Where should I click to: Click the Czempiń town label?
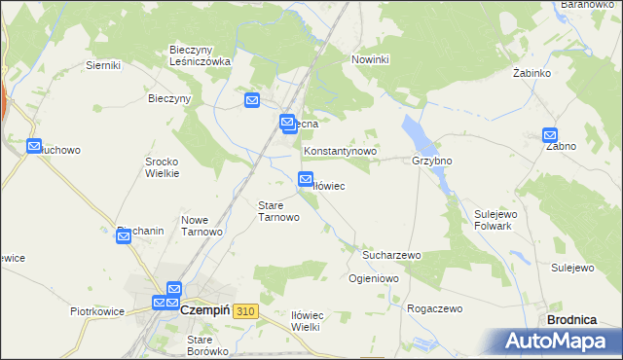click(x=204, y=309)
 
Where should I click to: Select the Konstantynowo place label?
click(x=340, y=153)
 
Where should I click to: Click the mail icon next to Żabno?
click(x=550, y=137)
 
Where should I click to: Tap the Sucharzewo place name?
click(x=391, y=255)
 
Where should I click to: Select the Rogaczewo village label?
click(x=434, y=308)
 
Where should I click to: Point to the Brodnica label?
click(x=572, y=319)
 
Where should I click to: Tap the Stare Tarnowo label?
click(x=277, y=211)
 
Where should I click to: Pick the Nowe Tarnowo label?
click(x=202, y=226)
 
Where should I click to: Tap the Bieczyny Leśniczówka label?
click(x=200, y=54)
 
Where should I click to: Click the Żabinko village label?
click(x=532, y=73)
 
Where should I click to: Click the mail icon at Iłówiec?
click(x=305, y=179)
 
